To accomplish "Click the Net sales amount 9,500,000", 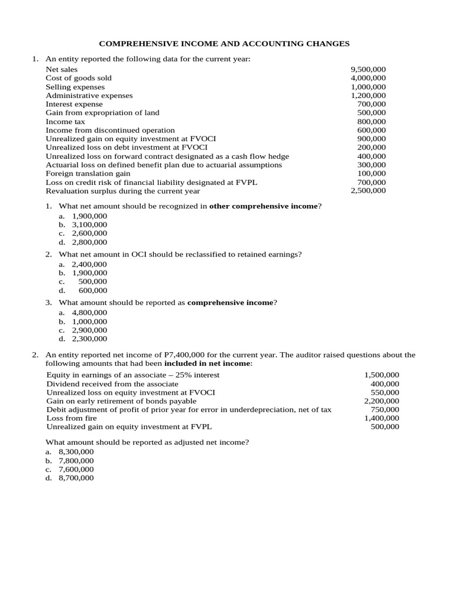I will pyautogui.click(x=368, y=69).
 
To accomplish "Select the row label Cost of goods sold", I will pyautogui.click(x=79, y=78).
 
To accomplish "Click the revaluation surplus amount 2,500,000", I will pyautogui.click(x=368, y=191).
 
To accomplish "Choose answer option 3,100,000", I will pyautogui.click(x=89, y=225).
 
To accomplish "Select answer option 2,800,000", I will pyautogui.click(x=89, y=242).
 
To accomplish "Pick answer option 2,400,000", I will pyautogui.click(x=89, y=264).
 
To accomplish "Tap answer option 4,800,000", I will pyautogui.click(x=89, y=313).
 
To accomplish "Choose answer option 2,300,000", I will pyautogui.click(x=89, y=339).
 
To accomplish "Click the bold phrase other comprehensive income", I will pyautogui.click(x=264, y=206).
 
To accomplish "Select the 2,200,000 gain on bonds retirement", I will pyautogui.click(x=381, y=401).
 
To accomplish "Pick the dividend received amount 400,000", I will pyautogui.click(x=385, y=383).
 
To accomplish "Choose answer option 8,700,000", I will pyautogui.click(x=76, y=478).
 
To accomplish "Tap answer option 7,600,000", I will pyautogui.click(x=76, y=469).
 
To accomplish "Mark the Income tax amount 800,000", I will pyautogui.click(x=372, y=121).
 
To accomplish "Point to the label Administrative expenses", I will pyautogui.click(x=89, y=95).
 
